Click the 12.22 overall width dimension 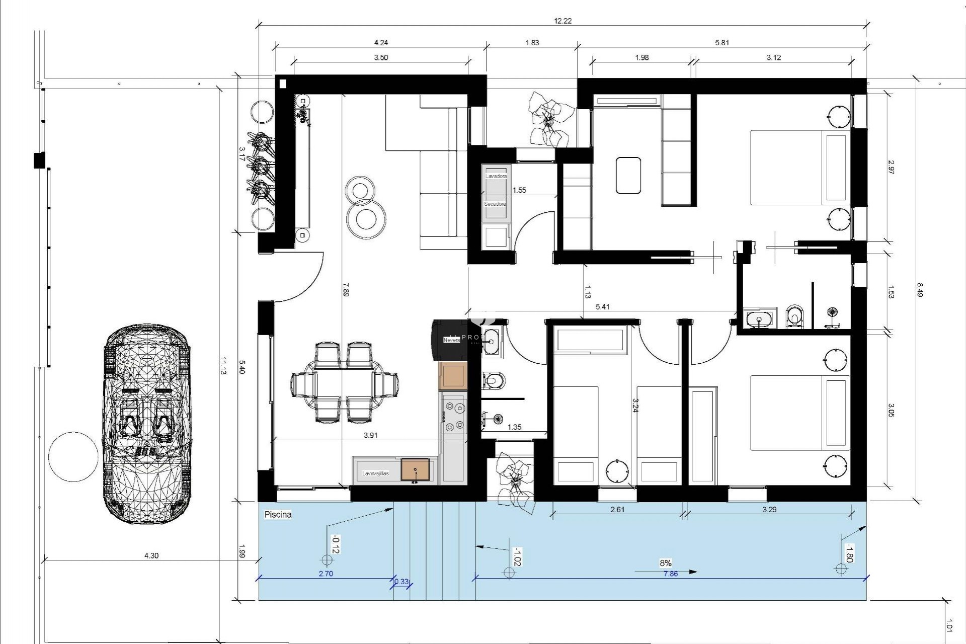click(562, 21)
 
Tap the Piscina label click(278, 515)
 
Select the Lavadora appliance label click(496, 177)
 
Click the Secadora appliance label click(495, 204)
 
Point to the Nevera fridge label click(451, 340)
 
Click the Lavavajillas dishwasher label click(375, 473)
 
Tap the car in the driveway click(147, 424)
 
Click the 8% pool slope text click(666, 563)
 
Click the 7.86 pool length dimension click(671, 574)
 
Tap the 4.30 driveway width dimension click(151, 555)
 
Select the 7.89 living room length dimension click(345, 290)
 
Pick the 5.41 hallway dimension click(602, 306)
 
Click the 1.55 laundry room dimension click(519, 190)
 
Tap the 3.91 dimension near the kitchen click(370, 435)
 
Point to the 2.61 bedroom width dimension click(617, 509)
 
